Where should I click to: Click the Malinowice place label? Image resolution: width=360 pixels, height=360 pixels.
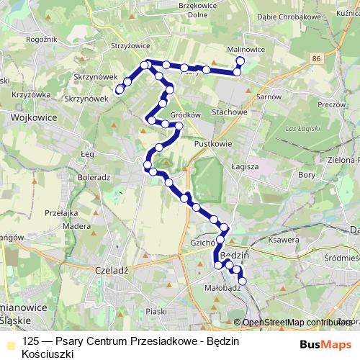click(x=246, y=49)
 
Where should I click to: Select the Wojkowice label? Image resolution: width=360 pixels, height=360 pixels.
click(x=30, y=115)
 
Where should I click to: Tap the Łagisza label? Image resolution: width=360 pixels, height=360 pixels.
click(x=245, y=166)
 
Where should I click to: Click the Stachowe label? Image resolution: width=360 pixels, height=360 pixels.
click(x=230, y=112)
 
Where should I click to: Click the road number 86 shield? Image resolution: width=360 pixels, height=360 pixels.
click(x=317, y=57)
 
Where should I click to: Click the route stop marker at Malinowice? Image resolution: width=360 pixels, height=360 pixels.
click(x=240, y=61)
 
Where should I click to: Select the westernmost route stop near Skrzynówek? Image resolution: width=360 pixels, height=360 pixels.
click(x=120, y=89)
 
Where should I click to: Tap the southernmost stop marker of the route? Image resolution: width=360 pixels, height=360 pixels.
click(x=242, y=281)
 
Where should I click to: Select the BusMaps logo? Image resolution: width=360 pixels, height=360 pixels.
click(x=325, y=344)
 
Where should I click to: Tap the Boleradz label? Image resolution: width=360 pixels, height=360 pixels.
click(x=93, y=176)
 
